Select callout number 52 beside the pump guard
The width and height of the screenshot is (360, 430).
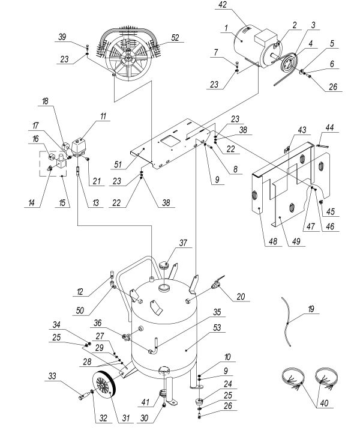(x=175, y=37)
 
